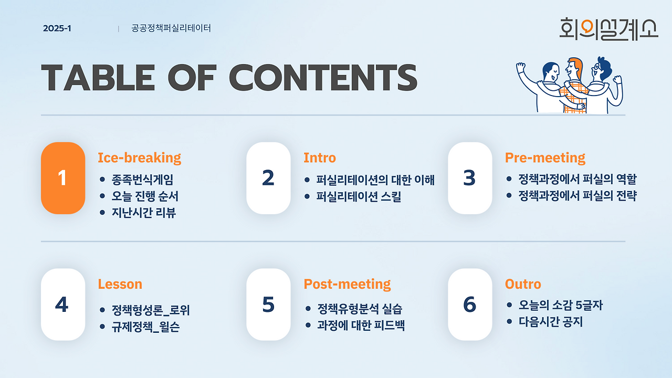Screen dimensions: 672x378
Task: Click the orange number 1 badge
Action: coord(63,178)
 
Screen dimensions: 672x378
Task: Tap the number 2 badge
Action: coord(268,178)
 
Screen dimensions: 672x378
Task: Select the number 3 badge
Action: coord(470,178)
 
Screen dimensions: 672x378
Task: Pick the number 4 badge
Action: coord(63,304)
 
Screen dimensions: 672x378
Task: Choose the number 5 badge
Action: coord(268,304)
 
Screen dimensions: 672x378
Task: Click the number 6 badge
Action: coord(470,304)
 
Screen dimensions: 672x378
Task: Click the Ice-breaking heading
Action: coord(140,158)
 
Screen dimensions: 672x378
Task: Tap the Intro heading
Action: coord(320,158)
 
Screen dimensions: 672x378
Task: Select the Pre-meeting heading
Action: coord(545,158)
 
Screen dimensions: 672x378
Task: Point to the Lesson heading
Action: coord(120,284)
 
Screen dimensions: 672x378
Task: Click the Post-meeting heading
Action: coord(348,284)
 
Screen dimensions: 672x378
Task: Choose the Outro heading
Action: coord(523,284)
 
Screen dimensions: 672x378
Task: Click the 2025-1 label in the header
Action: coord(57,28)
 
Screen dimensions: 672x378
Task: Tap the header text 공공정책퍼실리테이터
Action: coord(171,28)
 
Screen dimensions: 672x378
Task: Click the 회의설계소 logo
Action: coord(608,29)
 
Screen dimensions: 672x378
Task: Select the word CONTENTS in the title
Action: coord(323,77)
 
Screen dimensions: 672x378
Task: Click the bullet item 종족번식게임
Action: coord(142,180)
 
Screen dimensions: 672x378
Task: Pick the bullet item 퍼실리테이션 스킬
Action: coord(359,196)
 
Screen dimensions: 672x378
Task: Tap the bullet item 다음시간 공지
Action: coord(551,322)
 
